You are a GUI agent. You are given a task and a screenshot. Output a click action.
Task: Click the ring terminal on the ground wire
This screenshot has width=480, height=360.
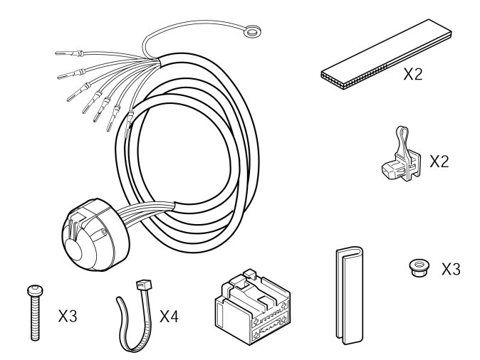[x=253, y=31]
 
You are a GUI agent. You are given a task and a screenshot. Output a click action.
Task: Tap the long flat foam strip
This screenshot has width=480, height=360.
[x=386, y=55]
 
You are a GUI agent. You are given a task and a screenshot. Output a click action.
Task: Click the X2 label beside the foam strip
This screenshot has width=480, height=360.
[x=413, y=74]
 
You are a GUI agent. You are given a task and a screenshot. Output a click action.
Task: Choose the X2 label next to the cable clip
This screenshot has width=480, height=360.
[x=439, y=162]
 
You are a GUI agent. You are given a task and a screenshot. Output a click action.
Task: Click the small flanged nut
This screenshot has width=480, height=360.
[x=419, y=268]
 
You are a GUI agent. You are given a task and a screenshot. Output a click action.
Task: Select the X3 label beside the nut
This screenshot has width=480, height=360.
[x=451, y=269]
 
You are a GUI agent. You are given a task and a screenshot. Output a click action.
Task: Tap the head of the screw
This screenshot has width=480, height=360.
[x=35, y=290]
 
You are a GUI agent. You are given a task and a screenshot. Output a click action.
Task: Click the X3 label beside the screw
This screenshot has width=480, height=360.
[x=68, y=316]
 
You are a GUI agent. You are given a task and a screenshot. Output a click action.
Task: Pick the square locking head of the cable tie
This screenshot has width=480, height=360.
[x=144, y=285]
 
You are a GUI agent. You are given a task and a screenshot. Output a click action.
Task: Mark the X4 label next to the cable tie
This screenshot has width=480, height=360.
[x=169, y=316]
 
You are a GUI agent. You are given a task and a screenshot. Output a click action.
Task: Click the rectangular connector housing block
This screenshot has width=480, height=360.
[x=253, y=307]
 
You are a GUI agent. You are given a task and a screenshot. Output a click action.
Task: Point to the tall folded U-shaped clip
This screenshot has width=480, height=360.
[x=350, y=295]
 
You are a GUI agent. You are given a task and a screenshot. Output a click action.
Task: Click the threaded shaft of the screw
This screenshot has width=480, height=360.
[x=36, y=318]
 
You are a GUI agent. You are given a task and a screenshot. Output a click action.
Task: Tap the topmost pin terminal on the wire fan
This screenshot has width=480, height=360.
[x=69, y=54]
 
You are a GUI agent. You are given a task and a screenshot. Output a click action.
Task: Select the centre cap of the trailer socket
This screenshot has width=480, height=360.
[x=73, y=250]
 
